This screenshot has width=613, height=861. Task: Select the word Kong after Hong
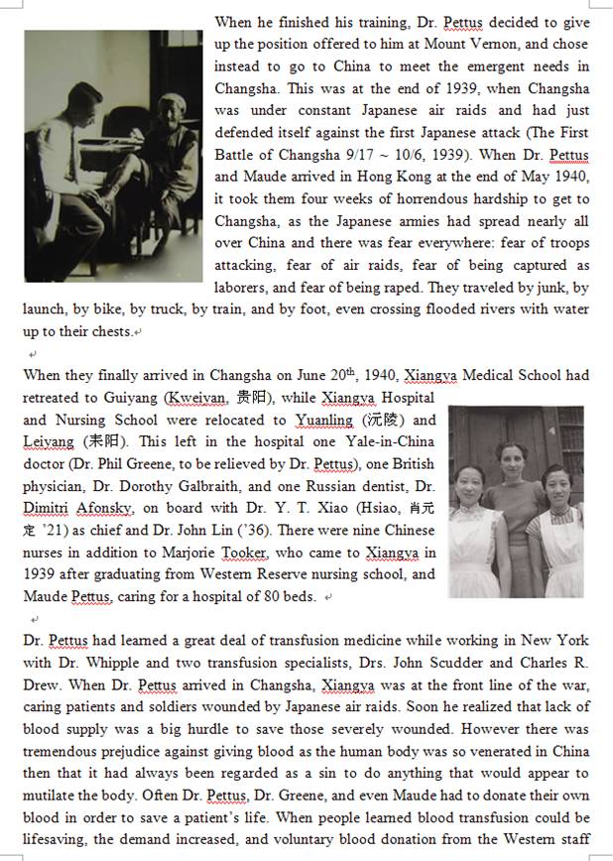pos(430,177)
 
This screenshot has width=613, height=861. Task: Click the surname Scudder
pos(459,663)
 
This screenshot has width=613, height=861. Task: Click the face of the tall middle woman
pos(509,458)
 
